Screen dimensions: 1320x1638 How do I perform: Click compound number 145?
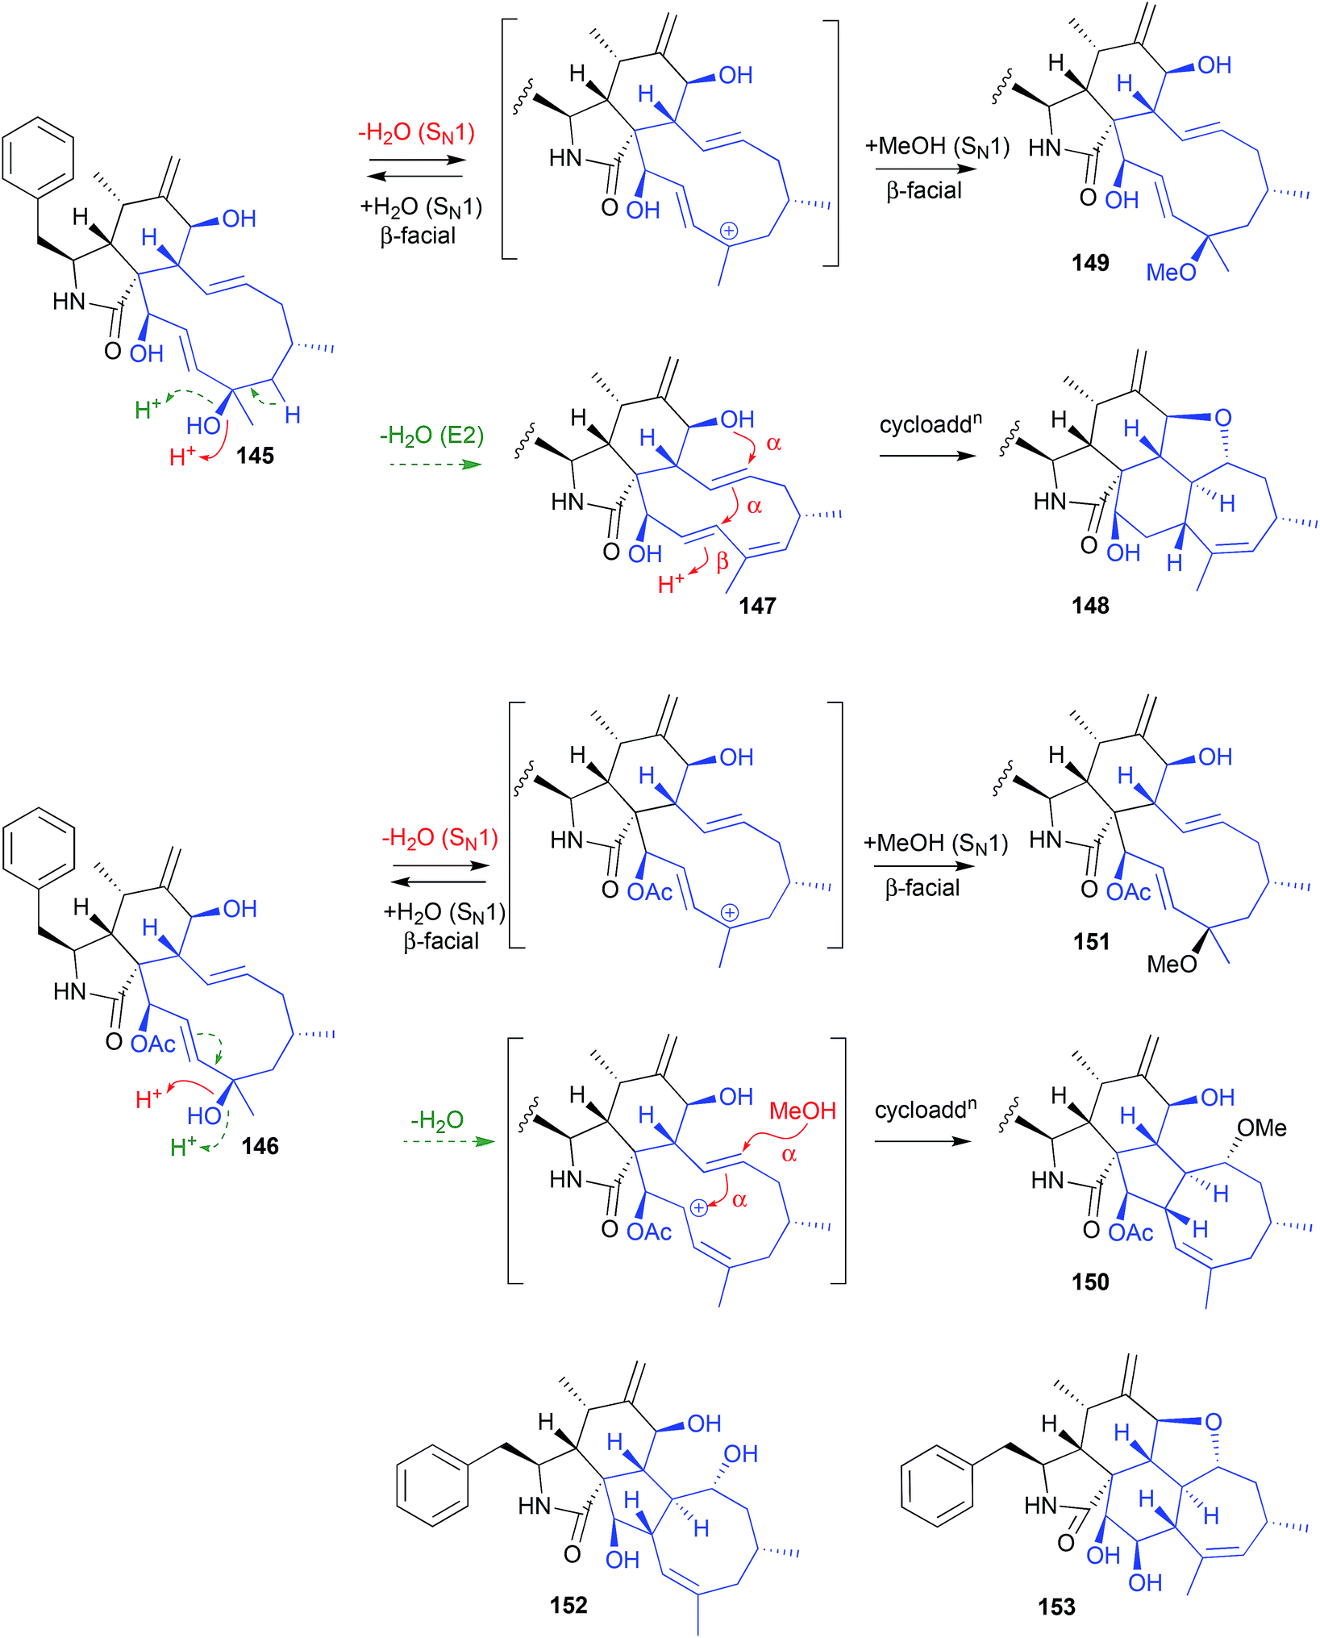point(255,456)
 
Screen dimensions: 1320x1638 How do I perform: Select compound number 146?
point(260,1146)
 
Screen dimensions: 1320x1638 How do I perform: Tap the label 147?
point(757,606)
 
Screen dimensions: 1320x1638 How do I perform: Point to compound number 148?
point(1090,606)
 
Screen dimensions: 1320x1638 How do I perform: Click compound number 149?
point(1090,263)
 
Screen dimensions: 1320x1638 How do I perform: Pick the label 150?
point(1090,1282)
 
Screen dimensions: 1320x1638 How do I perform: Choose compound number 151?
point(1091,941)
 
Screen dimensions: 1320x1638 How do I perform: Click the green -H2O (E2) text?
point(431,436)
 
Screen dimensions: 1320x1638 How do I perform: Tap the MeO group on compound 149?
point(1171,273)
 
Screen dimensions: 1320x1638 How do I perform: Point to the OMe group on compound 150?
point(1262,1127)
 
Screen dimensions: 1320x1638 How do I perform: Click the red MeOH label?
point(802,1111)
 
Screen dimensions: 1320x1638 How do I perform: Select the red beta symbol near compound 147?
point(722,561)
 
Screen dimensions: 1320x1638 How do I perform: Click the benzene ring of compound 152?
point(432,1485)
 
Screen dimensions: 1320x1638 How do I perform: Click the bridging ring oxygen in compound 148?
point(1222,418)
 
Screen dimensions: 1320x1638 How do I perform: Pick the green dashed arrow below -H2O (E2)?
point(435,465)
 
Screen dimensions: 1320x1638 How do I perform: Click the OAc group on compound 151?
point(1128,892)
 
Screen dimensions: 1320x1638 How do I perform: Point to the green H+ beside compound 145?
point(148,410)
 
